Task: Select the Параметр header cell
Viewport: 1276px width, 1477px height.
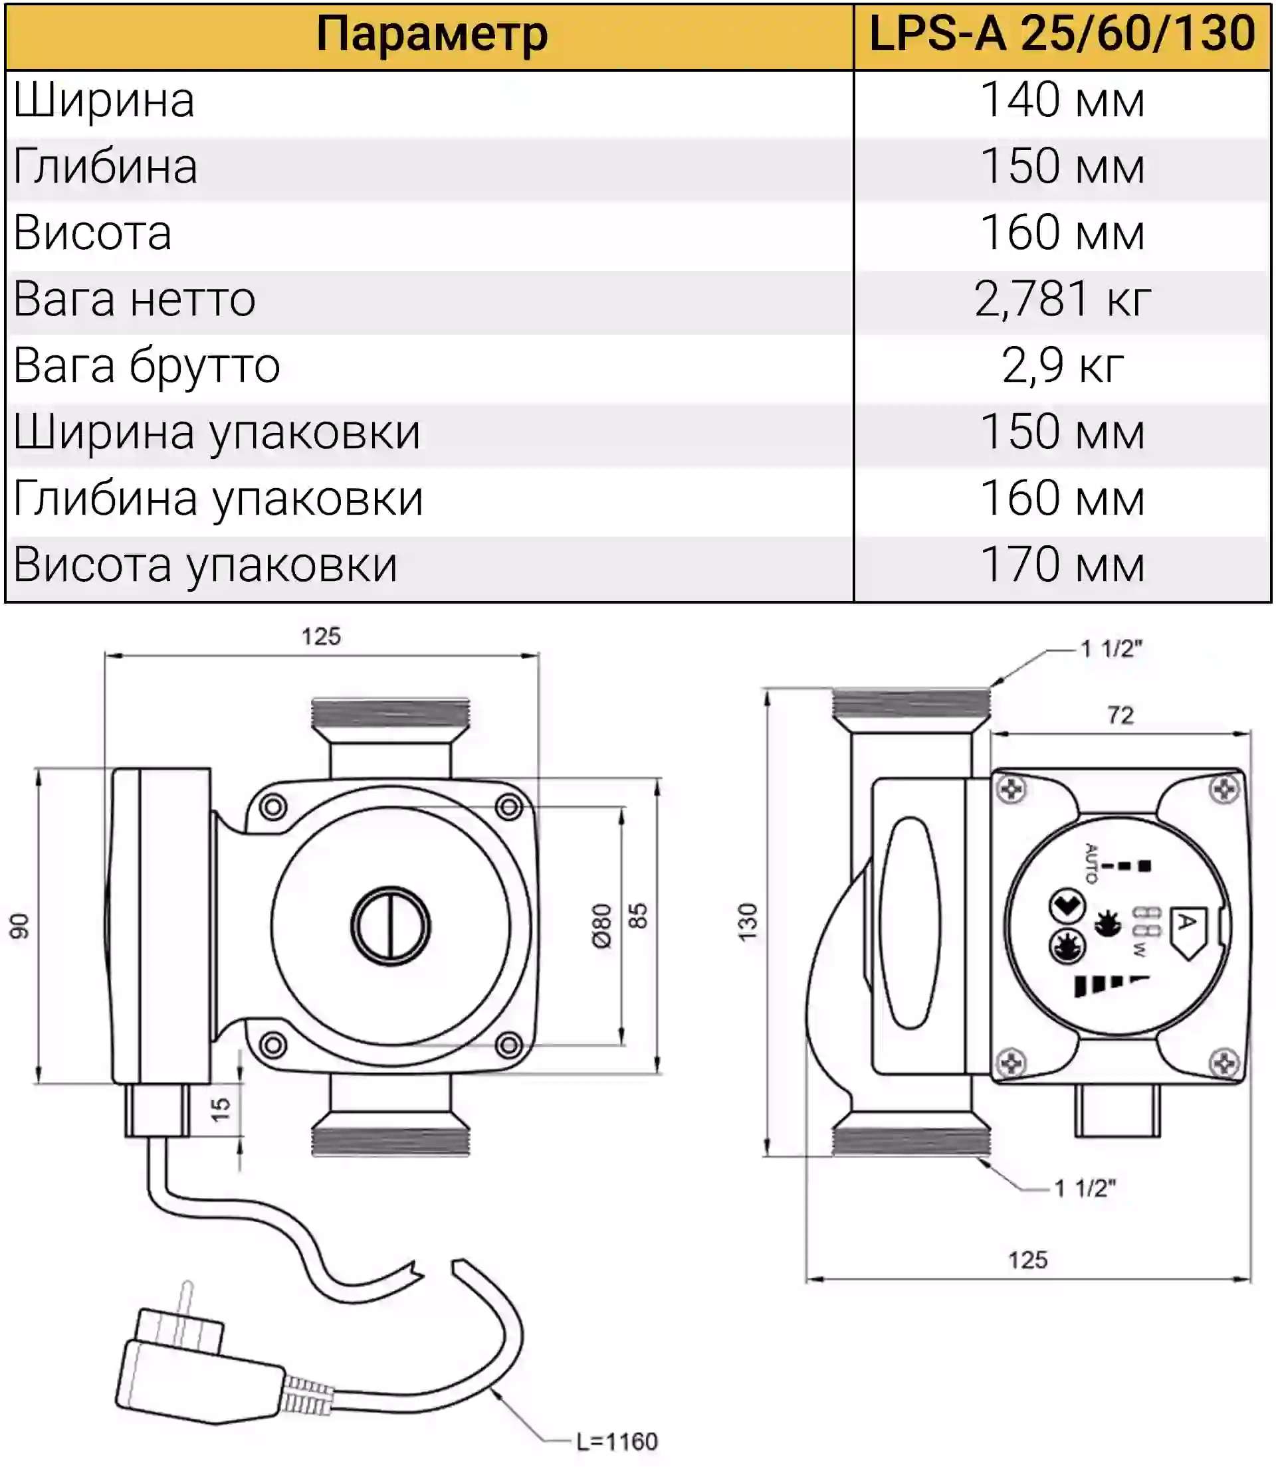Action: click(x=431, y=35)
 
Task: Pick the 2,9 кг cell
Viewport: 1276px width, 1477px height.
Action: click(x=1063, y=365)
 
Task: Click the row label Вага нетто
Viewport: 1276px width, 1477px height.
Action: click(x=134, y=299)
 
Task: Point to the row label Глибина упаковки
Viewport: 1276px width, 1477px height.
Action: click(x=218, y=499)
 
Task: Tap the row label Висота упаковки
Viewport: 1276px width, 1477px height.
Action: click(x=205, y=565)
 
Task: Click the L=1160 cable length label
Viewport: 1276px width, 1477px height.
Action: click(x=616, y=1441)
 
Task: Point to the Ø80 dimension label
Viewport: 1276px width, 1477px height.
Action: click(x=602, y=926)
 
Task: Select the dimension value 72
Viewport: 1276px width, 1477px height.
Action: click(x=1120, y=715)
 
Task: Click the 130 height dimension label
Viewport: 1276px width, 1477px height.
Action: click(x=748, y=922)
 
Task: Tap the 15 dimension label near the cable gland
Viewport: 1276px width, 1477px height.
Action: click(x=221, y=1108)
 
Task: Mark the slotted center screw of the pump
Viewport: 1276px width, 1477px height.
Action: click(x=390, y=926)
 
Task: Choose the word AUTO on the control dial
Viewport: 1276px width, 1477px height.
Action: click(x=1091, y=863)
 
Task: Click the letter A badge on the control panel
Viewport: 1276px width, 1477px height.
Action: click(x=1187, y=930)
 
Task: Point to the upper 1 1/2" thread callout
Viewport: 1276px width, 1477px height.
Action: click(x=1111, y=649)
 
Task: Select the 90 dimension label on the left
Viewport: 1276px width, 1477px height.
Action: click(x=19, y=926)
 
